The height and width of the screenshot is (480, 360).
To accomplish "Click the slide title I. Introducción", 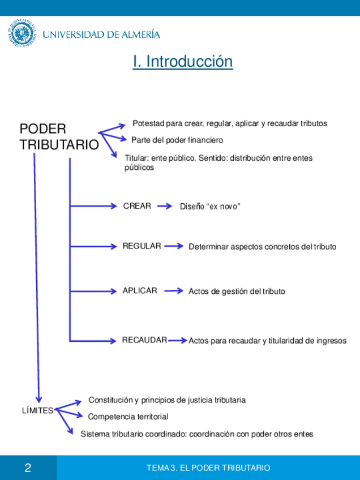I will pyautogui.click(x=182, y=61).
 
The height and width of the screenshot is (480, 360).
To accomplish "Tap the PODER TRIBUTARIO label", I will pyautogui.click(x=58, y=136).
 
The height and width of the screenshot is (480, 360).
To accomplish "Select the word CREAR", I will pyautogui.click(x=137, y=206).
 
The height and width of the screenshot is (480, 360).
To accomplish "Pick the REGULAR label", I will pyautogui.click(x=142, y=246).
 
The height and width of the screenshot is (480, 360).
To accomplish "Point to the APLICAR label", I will pyautogui.click(x=140, y=290).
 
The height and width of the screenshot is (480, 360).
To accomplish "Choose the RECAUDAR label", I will pyautogui.click(x=144, y=340).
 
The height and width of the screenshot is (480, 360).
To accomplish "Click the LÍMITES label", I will pyautogui.click(x=37, y=410).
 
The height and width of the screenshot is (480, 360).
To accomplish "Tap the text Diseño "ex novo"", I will pyautogui.click(x=210, y=207).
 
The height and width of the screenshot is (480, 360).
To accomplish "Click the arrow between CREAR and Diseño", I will pyautogui.click(x=164, y=207).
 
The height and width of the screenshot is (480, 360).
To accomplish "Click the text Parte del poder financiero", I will pyautogui.click(x=177, y=140).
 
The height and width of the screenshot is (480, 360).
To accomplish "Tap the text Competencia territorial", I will pyautogui.click(x=128, y=417).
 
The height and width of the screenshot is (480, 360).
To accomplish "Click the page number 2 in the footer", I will pyautogui.click(x=28, y=468).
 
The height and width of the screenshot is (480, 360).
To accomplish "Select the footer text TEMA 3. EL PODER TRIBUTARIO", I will pyautogui.click(x=208, y=468).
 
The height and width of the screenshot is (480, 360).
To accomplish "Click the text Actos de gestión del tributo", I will pyautogui.click(x=237, y=291).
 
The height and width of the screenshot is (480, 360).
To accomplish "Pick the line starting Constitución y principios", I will pyautogui.click(x=167, y=400).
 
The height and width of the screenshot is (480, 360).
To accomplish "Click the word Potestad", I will pyautogui.click(x=148, y=123).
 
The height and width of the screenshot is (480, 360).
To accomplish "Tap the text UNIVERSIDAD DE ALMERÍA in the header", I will pyautogui.click(x=101, y=35).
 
